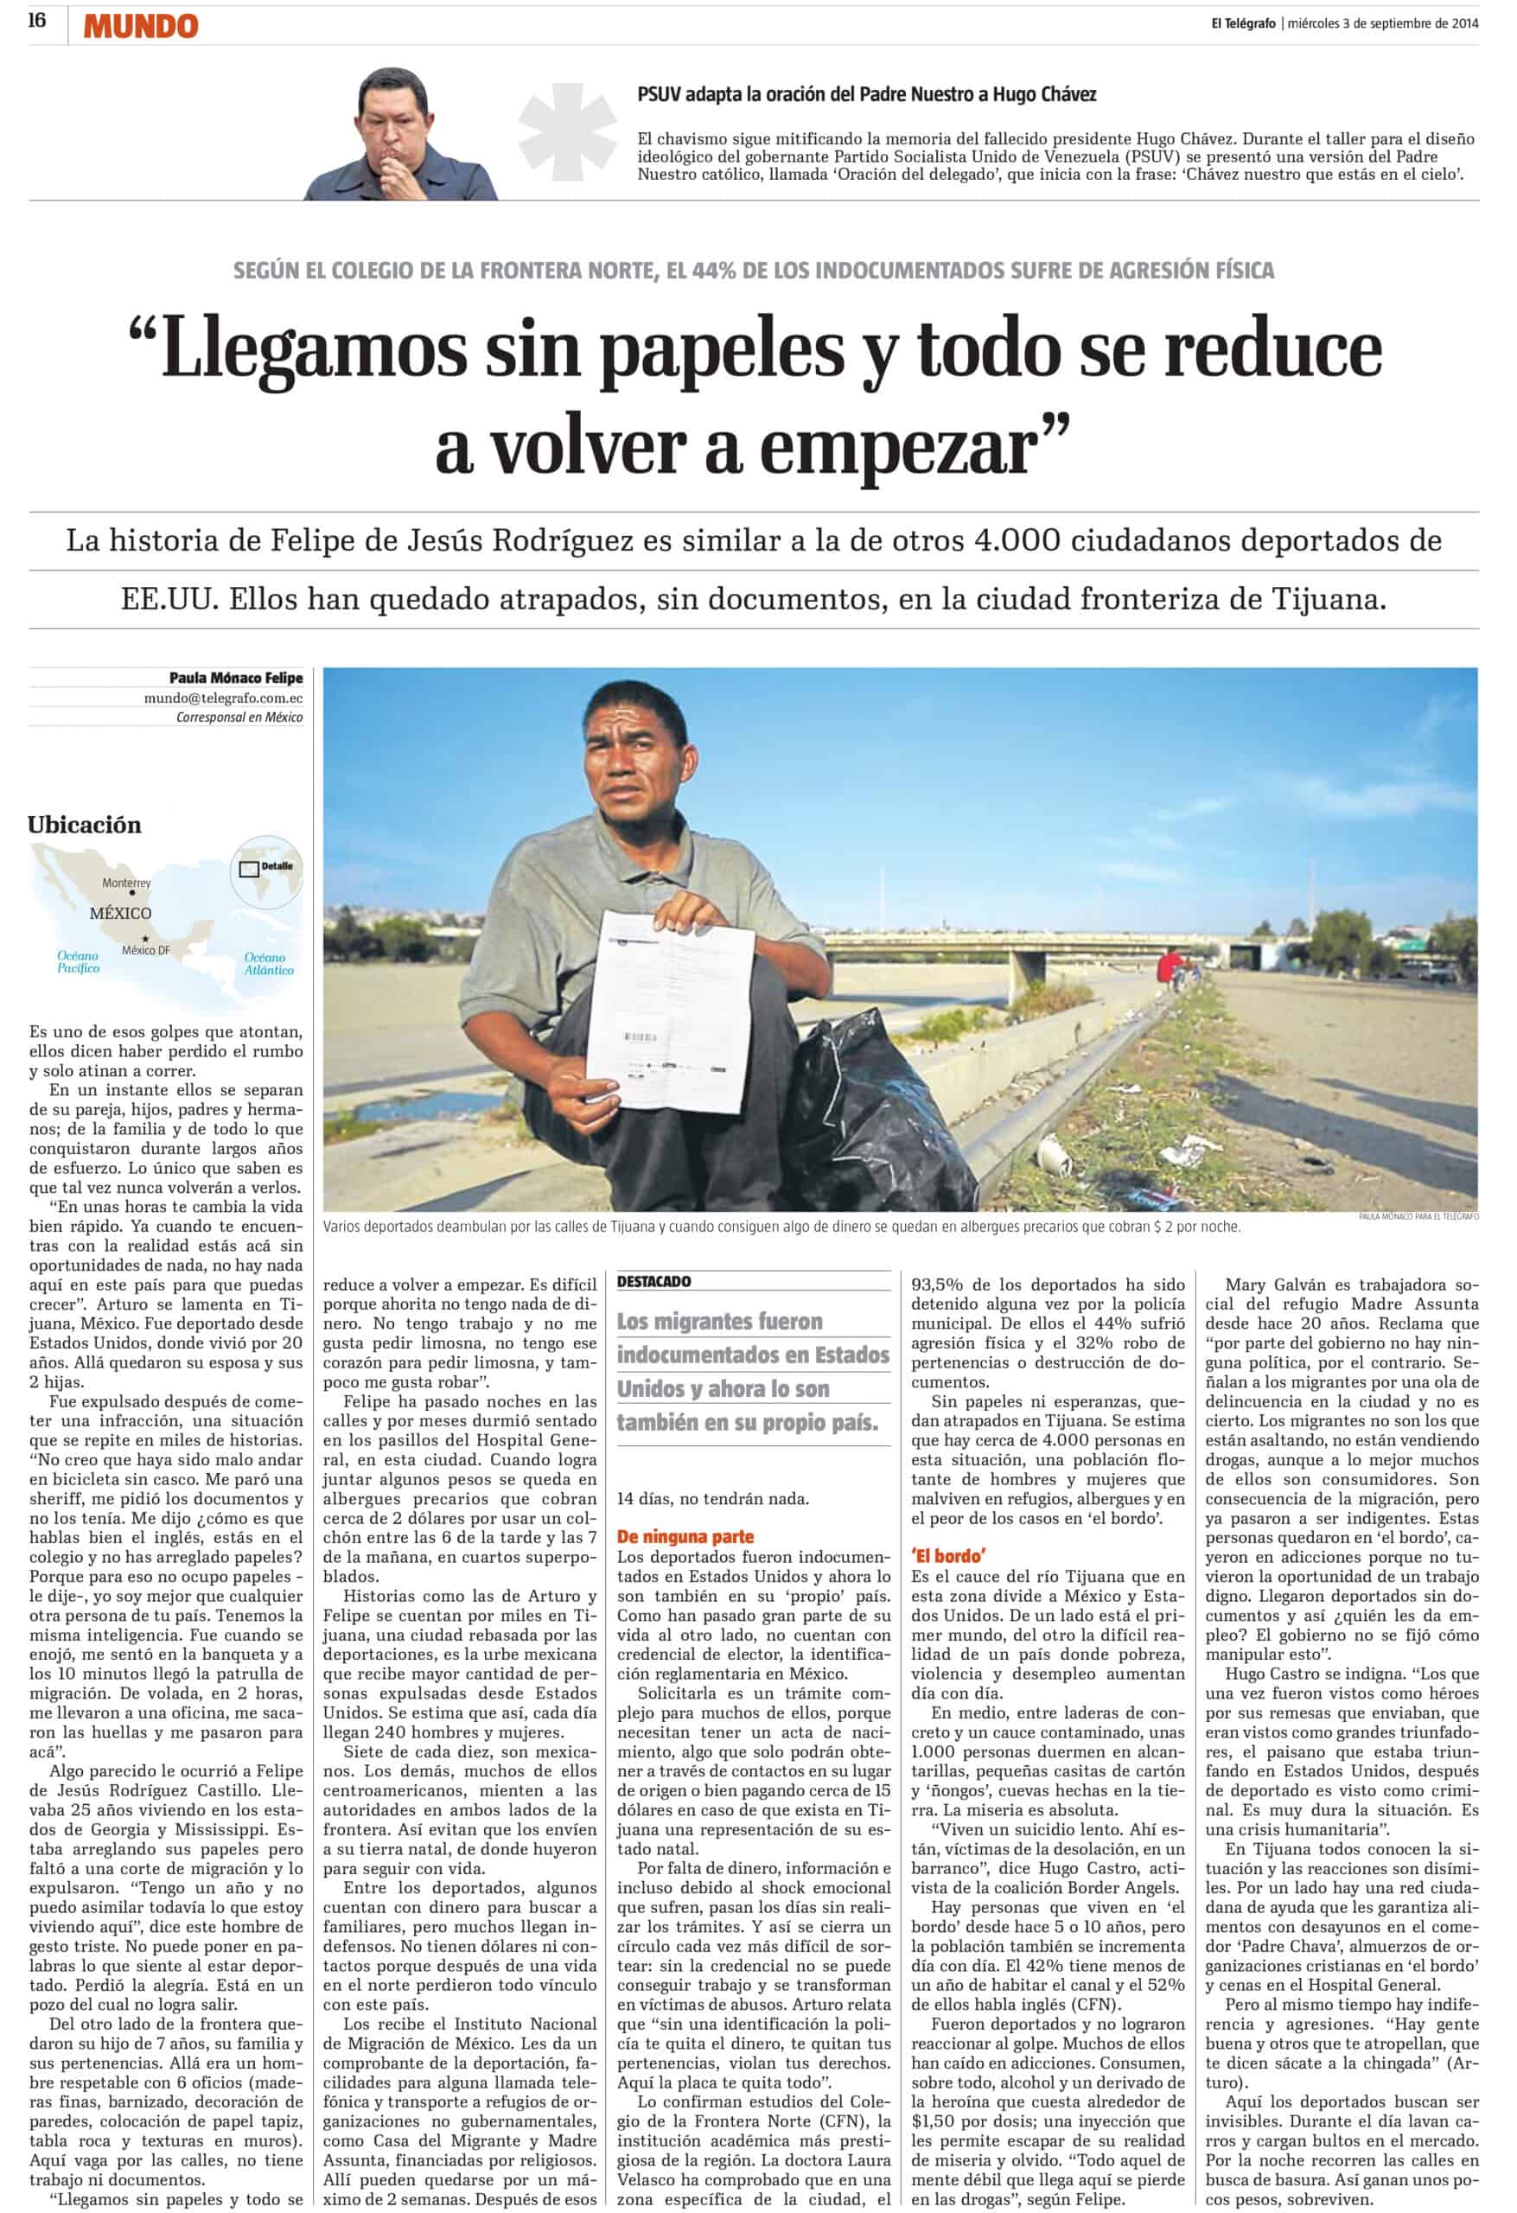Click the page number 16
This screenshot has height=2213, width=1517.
(37, 21)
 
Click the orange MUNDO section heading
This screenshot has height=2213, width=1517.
(140, 27)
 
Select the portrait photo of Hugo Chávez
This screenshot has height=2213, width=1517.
(401, 133)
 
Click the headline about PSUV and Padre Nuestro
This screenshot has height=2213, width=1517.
(867, 94)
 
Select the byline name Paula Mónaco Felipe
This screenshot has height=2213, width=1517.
(235, 678)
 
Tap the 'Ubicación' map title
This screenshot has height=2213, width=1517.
(84, 825)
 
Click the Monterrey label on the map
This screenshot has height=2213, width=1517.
(127, 883)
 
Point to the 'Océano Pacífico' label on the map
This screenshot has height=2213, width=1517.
(77, 962)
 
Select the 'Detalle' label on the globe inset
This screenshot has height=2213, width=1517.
(277, 866)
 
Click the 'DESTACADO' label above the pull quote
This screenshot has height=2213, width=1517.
(653, 1282)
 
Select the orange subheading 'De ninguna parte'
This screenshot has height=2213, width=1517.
(685, 1536)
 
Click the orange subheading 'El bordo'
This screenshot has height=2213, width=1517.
(947, 1555)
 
